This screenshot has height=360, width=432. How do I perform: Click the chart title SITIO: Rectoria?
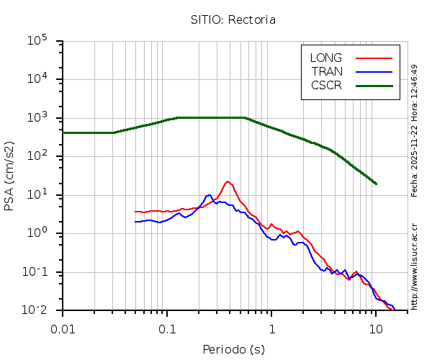click(x=233, y=20)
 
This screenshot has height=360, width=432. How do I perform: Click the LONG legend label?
click(x=326, y=58)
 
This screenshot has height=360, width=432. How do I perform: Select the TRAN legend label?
click(x=327, y=71)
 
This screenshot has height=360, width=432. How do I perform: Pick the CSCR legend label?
click(x=326, y=85)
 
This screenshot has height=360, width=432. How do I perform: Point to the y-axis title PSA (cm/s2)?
click(x=10, y=176)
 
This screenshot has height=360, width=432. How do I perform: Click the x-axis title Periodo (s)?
click(x=233, y=349)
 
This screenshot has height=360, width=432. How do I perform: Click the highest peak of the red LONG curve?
click(x=228, y=181)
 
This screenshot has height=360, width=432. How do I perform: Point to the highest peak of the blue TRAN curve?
click(x=209, y=195)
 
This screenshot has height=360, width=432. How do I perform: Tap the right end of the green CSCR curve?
click(x=376, y=184)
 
